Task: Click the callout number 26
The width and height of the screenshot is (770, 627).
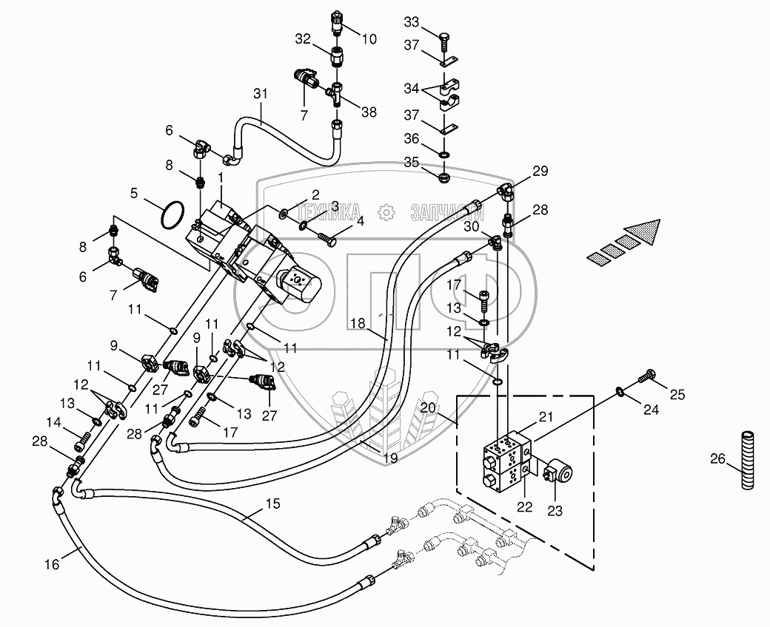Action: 717,459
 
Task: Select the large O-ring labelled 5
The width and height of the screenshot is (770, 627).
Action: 173,214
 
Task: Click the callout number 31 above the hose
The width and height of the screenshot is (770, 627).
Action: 261,93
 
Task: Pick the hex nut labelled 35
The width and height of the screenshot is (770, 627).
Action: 444,175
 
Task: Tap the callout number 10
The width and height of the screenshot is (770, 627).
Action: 369,39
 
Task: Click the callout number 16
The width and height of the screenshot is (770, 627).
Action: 52,565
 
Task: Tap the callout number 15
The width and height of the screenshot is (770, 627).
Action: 273,504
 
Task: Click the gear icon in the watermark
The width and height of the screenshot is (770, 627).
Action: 386,211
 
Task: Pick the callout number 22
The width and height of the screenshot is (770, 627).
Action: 524,507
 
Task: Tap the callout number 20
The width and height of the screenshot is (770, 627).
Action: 428,407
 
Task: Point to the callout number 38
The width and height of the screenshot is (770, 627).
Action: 369,112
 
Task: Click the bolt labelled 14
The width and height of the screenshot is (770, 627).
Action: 82,440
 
